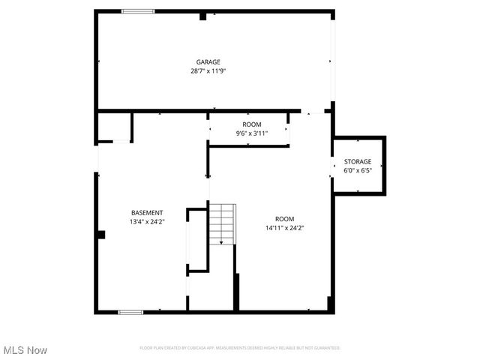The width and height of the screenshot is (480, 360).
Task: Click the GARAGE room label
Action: point(208,62)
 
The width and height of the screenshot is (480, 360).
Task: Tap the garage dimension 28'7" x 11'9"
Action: point(208,71)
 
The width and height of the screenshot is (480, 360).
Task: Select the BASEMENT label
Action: point(147,213)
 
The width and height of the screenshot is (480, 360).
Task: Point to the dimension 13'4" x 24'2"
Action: point(147,222)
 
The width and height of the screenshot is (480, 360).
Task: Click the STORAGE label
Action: point(358,162)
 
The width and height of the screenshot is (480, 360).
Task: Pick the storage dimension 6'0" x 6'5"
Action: point(358,170)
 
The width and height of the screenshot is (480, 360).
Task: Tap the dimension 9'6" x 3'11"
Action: point(252,133)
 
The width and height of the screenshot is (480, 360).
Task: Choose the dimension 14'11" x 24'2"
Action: point(284,228)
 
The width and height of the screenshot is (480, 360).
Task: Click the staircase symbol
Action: point(221,223)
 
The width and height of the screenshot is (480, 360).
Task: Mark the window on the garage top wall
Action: point(138,11)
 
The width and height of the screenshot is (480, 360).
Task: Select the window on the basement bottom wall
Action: point(130,312)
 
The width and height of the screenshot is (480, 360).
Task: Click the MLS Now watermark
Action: point(25,350)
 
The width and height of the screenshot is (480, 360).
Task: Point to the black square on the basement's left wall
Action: point(100,235)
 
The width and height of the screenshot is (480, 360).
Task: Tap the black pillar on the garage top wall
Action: point(203,16)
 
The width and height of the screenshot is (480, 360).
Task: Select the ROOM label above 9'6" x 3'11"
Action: point(252,124)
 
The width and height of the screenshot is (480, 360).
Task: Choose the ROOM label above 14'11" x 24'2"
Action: point(284,219)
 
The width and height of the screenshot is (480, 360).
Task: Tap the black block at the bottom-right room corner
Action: point(330,303)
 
